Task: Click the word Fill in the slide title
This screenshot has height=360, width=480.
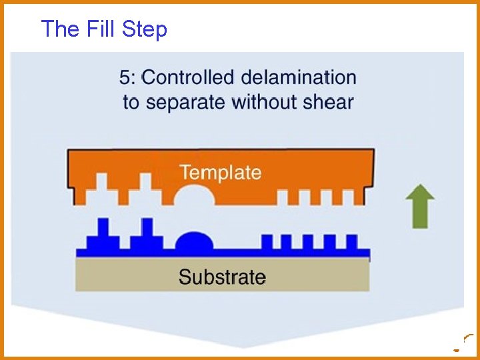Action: tap(98, 29)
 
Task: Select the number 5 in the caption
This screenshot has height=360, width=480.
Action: tap(125, 77)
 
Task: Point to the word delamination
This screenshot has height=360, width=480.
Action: tap(299, 77)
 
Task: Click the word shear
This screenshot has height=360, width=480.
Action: tap(330, 102)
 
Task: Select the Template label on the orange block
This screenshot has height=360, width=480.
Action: tap(221, 173)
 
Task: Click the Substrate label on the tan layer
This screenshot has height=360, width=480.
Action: tap(222, 277)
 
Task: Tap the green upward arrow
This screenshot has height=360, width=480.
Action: tap(420, 206)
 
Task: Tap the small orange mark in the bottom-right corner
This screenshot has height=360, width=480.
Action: tap(457, 349)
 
